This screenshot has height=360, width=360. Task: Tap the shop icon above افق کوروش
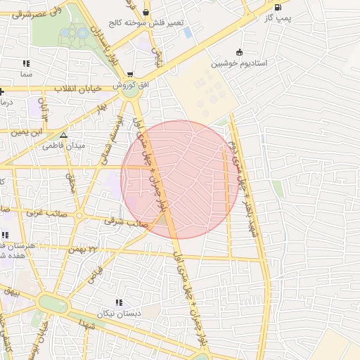click(131, 74)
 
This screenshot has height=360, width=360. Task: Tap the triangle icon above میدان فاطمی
click(64, 135)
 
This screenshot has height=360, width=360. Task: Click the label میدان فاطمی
click(64, 146)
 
